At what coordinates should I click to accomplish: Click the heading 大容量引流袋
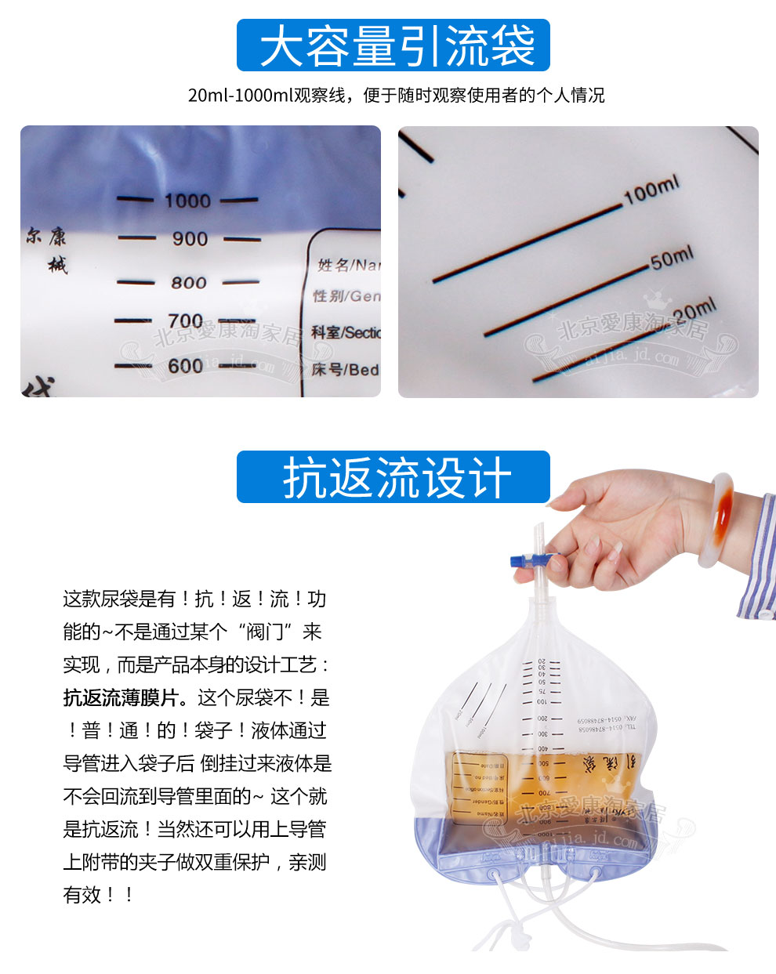393,45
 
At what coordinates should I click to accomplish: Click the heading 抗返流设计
393,476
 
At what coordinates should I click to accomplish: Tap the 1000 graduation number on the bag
187,201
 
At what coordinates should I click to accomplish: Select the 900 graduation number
190,239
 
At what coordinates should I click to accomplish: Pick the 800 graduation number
189,282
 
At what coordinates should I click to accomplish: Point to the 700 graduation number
186,321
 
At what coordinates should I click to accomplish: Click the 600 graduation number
186,366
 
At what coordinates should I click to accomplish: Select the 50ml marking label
672,258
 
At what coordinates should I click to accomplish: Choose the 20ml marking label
694,310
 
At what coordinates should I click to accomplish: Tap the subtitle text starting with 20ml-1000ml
396,96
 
